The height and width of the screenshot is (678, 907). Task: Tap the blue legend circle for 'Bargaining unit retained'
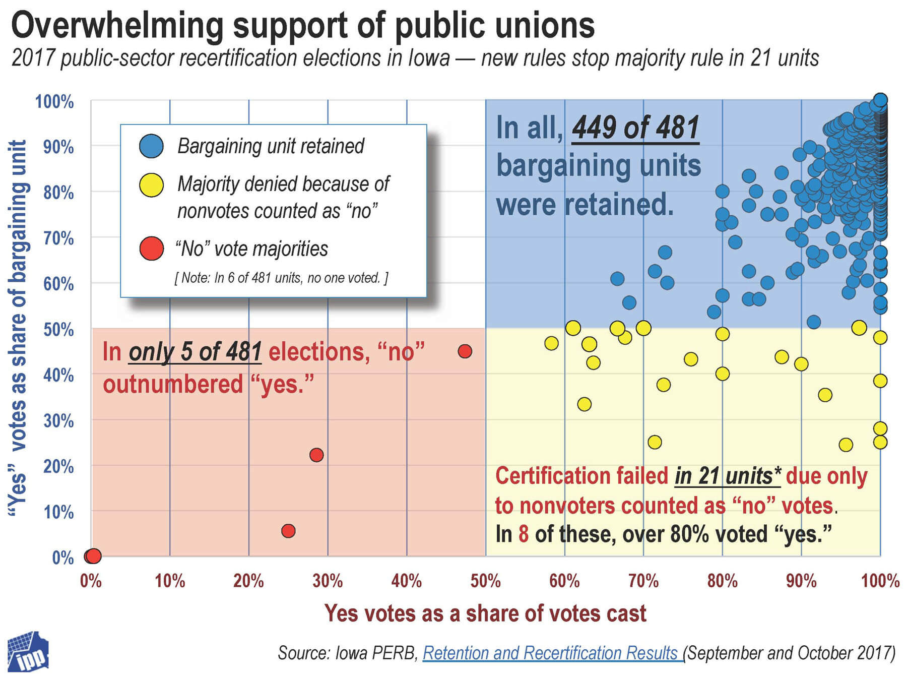151,146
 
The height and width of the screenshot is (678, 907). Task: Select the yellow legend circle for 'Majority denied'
151,184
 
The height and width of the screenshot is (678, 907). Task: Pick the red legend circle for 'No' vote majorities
151,249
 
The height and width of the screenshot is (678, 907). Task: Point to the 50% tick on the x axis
485,581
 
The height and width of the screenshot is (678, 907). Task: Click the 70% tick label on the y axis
58,238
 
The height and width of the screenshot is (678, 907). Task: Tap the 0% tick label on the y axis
63,558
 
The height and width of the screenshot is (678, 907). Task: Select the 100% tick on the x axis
880,581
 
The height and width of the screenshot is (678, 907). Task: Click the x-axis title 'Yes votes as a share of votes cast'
485,613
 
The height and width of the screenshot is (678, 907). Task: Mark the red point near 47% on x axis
465,351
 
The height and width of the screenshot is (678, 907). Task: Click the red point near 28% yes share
316,455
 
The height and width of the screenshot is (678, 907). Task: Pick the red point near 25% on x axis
288,531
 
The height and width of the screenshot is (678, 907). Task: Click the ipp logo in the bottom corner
28,653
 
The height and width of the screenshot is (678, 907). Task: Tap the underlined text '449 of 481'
635,127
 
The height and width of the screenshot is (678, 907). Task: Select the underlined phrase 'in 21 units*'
727,476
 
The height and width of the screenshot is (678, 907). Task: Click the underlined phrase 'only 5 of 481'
195,352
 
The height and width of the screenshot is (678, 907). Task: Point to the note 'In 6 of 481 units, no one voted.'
281,278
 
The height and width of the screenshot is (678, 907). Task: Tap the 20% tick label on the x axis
248,581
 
